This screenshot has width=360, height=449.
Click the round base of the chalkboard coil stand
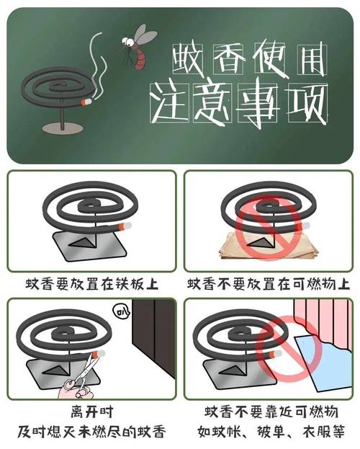point(63,128)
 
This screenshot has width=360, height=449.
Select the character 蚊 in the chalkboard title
point(187,58)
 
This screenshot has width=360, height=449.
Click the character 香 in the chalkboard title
point(228,58)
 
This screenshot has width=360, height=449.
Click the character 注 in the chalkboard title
point(169,103)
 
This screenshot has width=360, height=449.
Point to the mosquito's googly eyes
point(128,42)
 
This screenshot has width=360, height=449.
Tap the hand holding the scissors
point(76,389)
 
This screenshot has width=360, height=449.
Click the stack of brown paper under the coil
point(269,246)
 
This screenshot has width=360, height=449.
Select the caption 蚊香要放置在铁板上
point(91,285)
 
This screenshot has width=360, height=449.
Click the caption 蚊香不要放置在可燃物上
point(269,285)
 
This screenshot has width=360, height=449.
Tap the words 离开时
point(92,412)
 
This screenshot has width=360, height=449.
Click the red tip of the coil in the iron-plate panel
point(122,226)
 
